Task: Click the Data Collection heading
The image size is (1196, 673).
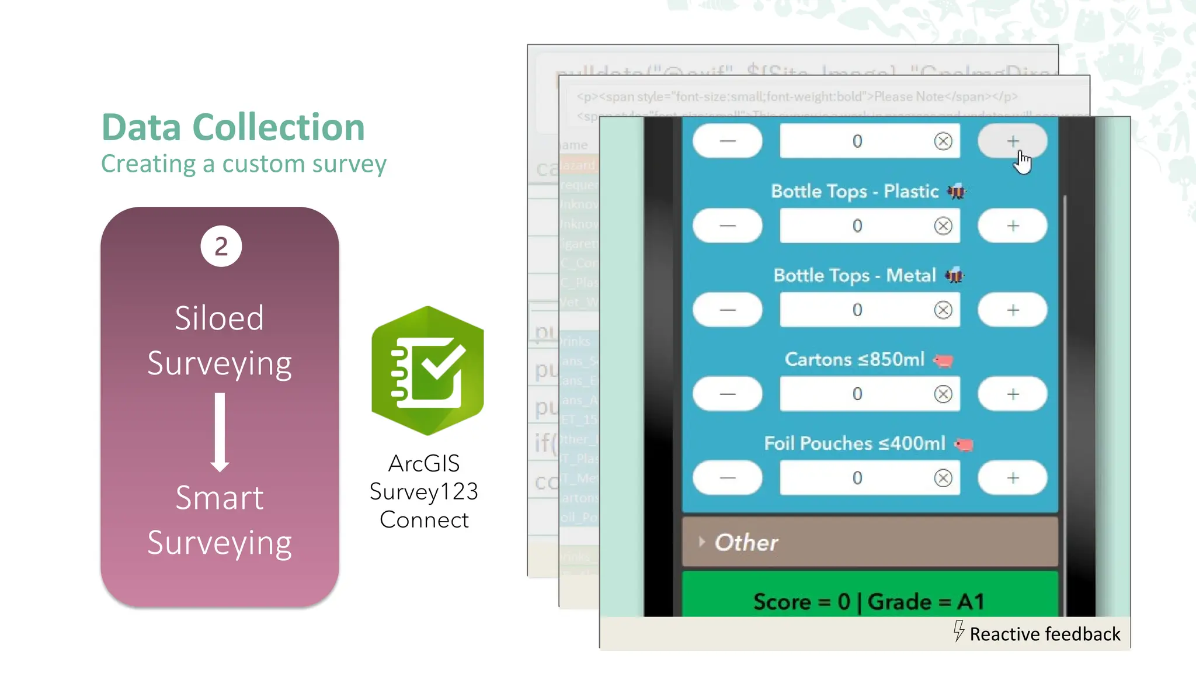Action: click(x=233, y=127)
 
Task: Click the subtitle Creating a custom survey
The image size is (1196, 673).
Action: click(x=244, y=164)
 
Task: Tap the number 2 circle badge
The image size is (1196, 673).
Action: click(x=221, y=247)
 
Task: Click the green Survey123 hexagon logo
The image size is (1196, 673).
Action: click(x=428, y=370)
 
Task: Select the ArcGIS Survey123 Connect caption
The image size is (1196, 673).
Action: click(x=424, y=491)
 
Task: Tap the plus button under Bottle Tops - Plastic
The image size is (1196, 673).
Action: click(x=1013, y=226)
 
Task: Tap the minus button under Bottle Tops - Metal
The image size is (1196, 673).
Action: click(x=728, y=310)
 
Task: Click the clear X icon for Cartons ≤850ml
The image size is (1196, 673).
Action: click(x=943, y=394)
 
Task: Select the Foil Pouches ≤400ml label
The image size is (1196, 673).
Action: click(x=854, y=444)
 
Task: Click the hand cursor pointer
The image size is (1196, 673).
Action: click(x=1022, y=162)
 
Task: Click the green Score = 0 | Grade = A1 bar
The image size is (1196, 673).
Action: click(x=870, y=601)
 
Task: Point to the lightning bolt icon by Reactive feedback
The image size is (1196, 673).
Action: click(x=958, y=631)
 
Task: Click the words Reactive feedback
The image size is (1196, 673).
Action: click(x=1045, y=634)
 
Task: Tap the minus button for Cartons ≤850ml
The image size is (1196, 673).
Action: click(x=728, y=394)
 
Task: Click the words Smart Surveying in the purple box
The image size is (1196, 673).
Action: click(x=220, y=521)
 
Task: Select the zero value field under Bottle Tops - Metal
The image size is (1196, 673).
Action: click(x=857, y=310)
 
